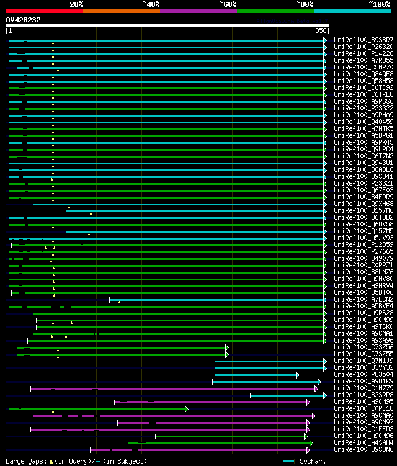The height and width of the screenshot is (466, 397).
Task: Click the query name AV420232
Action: point(24,20)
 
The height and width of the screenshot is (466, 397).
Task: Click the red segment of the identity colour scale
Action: point(44,11)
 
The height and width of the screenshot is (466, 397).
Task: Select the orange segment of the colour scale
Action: point(121,11)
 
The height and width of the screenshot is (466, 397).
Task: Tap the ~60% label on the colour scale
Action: point(228,4)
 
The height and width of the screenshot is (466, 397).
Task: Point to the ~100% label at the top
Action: point(379,4)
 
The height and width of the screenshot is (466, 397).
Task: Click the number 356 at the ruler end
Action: point(321,30)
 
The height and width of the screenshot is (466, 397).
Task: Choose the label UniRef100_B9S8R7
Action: point(364,40)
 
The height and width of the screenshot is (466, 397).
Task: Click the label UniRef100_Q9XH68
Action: point(364,204)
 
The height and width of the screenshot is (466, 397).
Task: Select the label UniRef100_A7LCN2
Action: point(364,299)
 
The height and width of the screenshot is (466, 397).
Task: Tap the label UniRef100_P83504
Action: point(364,374)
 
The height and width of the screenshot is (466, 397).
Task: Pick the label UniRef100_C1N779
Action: point(364,388)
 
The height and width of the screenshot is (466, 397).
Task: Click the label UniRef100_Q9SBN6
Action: point(364,449)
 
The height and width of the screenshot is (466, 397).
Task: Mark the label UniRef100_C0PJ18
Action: point(364,408)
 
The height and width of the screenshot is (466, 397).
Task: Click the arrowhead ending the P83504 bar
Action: point(298,375)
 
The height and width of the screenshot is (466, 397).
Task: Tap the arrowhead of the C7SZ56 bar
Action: point(227,347)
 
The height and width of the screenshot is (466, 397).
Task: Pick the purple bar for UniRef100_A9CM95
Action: point(211,402)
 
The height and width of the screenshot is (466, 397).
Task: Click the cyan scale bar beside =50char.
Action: point(288,462)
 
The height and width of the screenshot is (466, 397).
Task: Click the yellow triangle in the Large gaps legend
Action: point(51,461)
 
